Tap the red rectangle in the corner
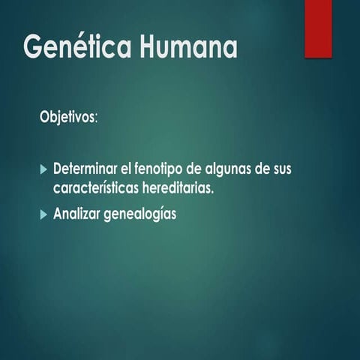[318, 28]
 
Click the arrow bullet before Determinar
[43, 168]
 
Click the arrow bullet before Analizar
[43, 214]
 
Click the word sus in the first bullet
[281, 169]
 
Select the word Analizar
[79, 214]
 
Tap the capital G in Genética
[33, 47]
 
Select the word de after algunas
[259, 168]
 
